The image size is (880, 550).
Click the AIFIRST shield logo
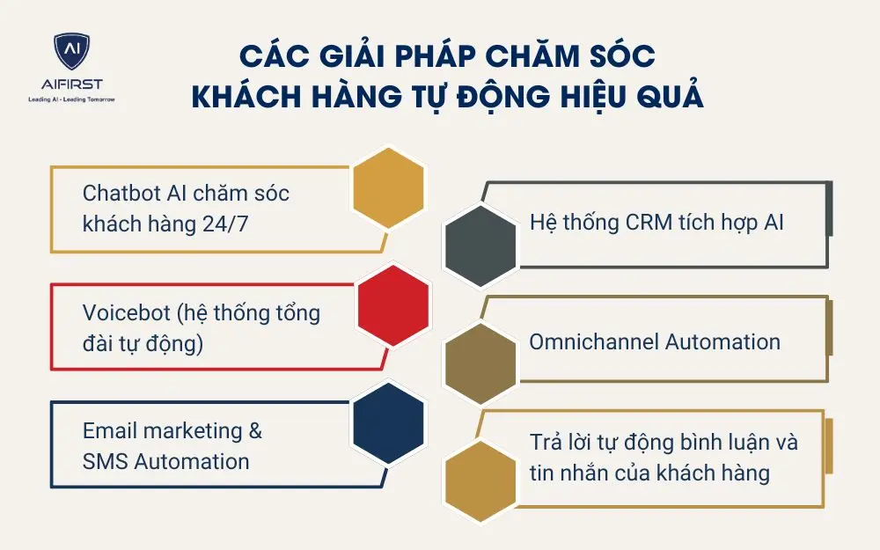(72, 54)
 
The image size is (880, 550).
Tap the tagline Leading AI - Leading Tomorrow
(72, 99)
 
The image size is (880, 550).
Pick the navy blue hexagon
(388, 422)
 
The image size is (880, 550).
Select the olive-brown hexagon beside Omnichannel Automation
(480, 361)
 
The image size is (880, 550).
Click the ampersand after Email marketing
(254, 430)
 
